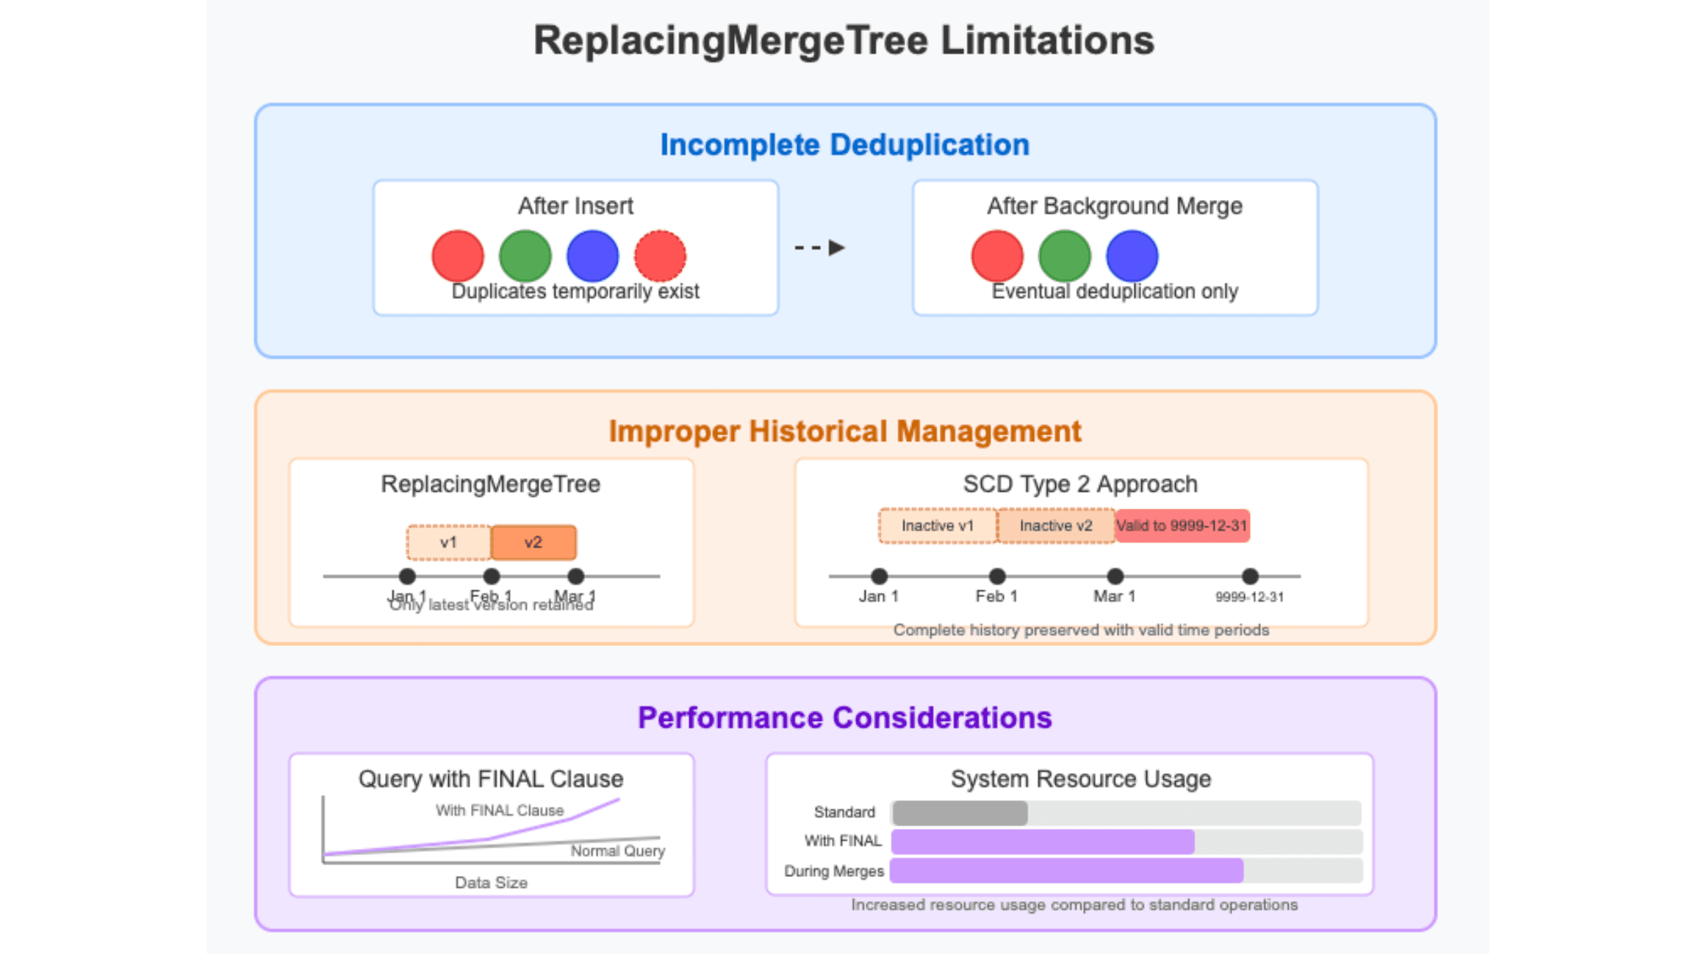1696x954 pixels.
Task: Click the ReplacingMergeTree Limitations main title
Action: pos(844,40)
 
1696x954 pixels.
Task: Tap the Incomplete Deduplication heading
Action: pos(844,145)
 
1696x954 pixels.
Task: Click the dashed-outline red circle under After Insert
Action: pos(660,255)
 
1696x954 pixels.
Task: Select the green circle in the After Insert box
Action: pos(525,255)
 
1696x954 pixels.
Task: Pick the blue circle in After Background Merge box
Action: pos(1132,255)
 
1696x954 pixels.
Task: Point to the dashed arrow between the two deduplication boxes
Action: pos(820,248)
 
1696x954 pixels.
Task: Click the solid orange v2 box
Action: pos(533,542)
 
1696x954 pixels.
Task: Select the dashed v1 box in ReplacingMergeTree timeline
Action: pos(448,542)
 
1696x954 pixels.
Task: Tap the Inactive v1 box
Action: pos(937,526)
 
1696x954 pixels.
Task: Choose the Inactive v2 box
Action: pos(1055,526)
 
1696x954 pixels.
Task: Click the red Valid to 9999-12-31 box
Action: pos(1182,526)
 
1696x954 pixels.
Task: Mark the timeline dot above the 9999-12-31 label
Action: pos(1249,575)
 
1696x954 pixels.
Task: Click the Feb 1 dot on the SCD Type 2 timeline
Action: pos(996,575)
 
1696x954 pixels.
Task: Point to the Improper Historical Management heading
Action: pos(844,431)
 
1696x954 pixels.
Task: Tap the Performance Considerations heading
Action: pos(844,717)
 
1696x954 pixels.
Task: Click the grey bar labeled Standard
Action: pos(959,812)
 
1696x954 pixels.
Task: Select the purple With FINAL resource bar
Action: pos(1042,841)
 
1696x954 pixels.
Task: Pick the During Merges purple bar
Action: pos(1066,870)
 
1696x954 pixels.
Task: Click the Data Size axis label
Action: pos(491,882)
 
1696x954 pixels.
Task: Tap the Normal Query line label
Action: pos(617,850)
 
